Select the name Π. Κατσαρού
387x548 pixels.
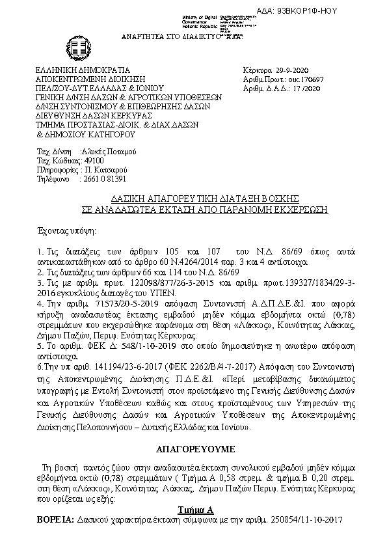101,169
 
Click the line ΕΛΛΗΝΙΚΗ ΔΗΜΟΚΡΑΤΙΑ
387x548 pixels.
83,70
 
